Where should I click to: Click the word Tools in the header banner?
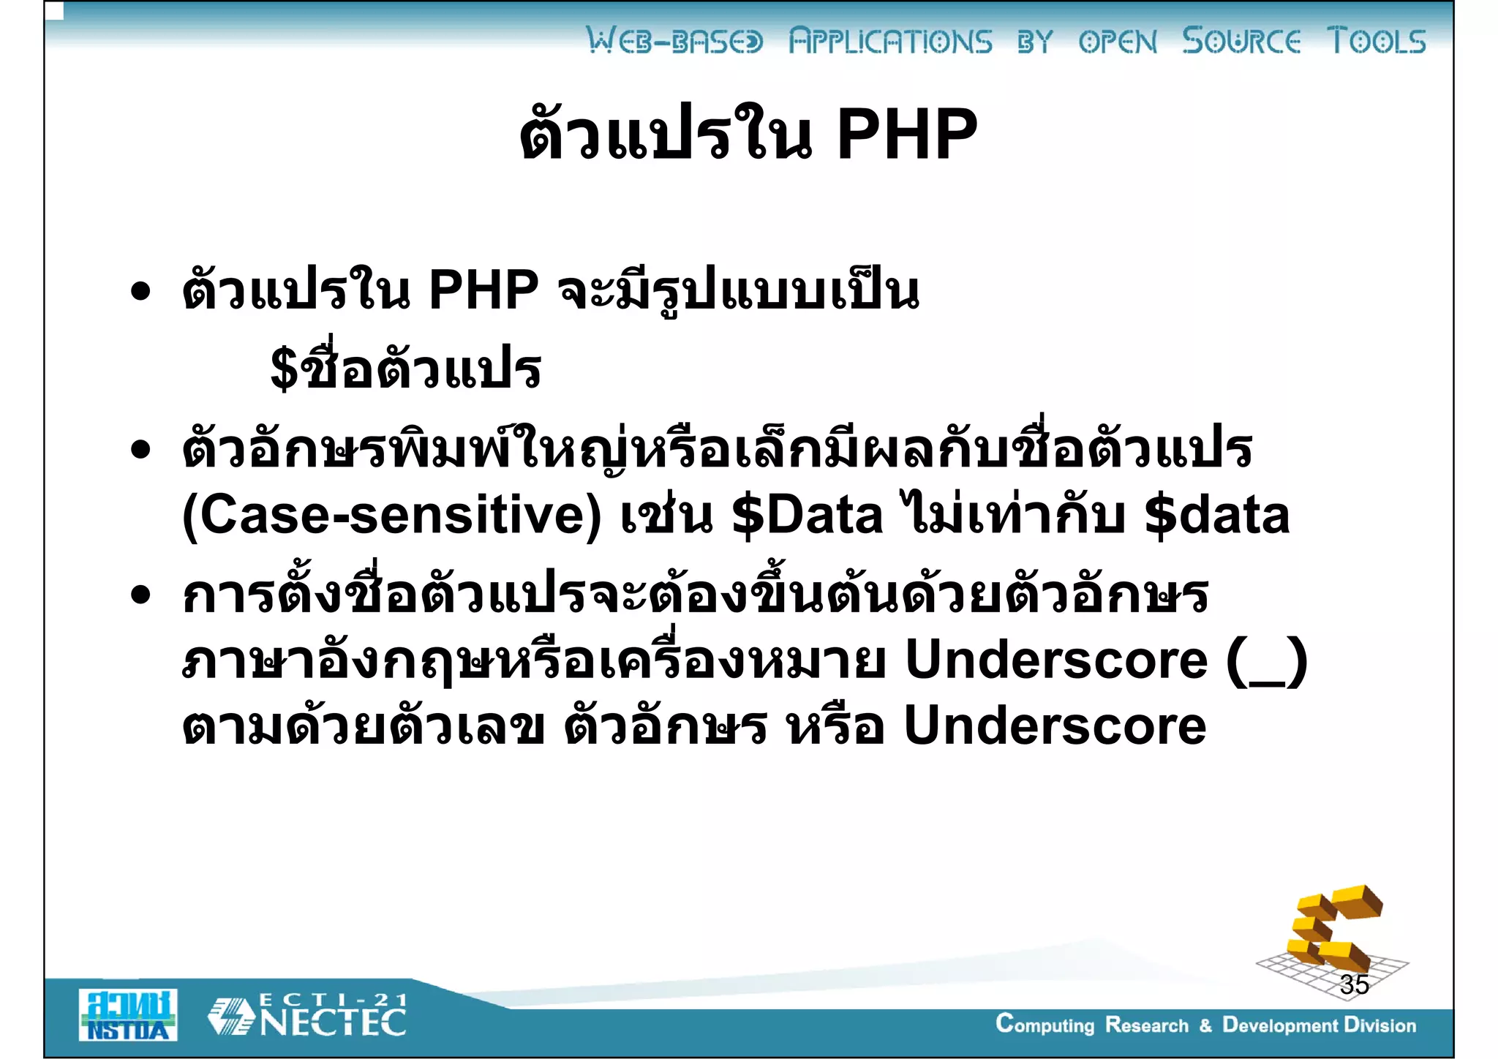(x=1376, y=41)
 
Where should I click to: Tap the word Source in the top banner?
(x=1241, y=41)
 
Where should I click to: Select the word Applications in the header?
(x=890, y=42)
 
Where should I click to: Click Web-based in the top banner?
(x=674, y=42)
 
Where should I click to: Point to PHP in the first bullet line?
(x=483, y=290)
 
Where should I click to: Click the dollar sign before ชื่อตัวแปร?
(x=285, y=369)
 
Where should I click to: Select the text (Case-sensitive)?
(x=391, y=516)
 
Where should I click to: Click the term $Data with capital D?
(x=808, y=516)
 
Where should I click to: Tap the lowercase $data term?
(x=1216, y=516)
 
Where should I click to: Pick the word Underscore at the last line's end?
(x=1055, y=726)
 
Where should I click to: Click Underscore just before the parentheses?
(x=1056, y=660)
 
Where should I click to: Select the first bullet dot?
(x=140, y=292)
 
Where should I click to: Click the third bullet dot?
(x=140, y=595)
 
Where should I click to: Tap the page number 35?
(x=1354, y=984)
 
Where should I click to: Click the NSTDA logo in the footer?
(x=128, y=1015)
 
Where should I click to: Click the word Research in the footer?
(x=1146, y=1025)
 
